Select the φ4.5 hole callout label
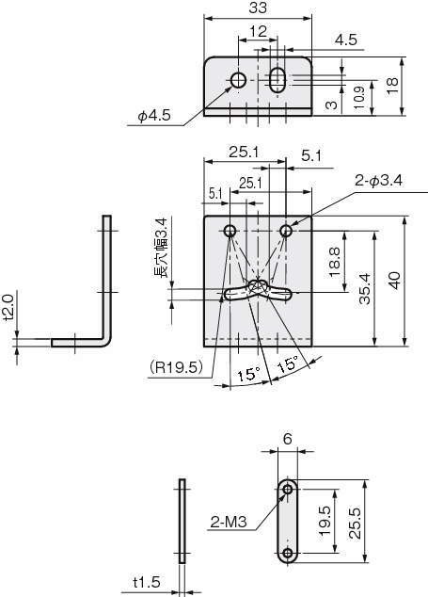(152, 117)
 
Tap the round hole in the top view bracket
(239, 80)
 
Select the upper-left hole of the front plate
(230, 230)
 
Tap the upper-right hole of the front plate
(286, 230)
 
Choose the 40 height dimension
(395, 281)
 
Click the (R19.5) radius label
(175, 366)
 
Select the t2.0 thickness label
(8, 307)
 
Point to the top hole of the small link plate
(288, 490)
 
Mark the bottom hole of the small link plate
(288, 553)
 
